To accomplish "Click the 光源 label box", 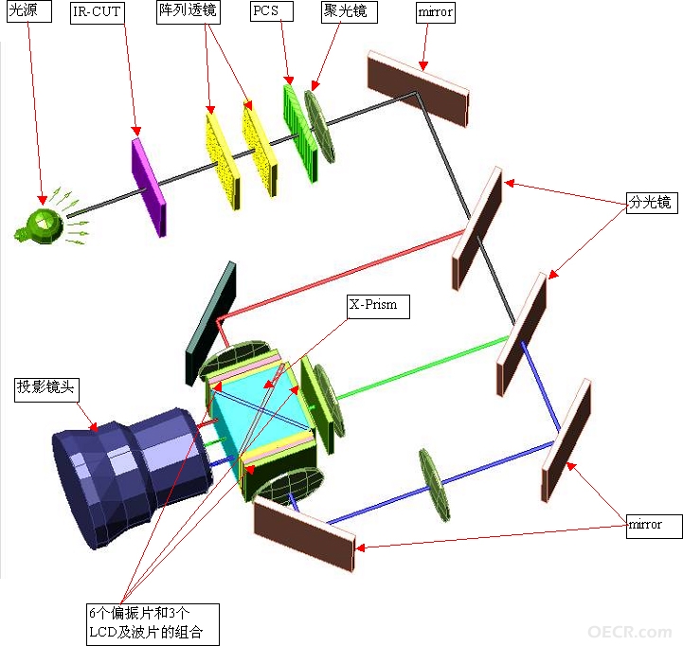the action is [29, 10].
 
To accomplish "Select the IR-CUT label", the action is [98, 12].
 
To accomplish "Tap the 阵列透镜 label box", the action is [189, 11].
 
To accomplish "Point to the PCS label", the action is [271, 10].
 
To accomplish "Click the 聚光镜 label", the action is [349, 11].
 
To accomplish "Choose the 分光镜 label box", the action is [652, 203].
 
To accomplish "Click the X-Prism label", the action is [378, 306].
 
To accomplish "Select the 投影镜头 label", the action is [46, 389].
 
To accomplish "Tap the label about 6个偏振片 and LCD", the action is [153, 624].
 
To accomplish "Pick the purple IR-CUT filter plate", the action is [149, 188].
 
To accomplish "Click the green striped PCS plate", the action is [300, 133].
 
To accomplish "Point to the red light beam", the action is [340, 277].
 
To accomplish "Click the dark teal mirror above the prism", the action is [211, 323].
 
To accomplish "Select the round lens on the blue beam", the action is [434, 485].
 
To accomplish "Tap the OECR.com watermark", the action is [629, 631].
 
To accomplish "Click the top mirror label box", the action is [435, 12].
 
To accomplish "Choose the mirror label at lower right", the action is [654, 527].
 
